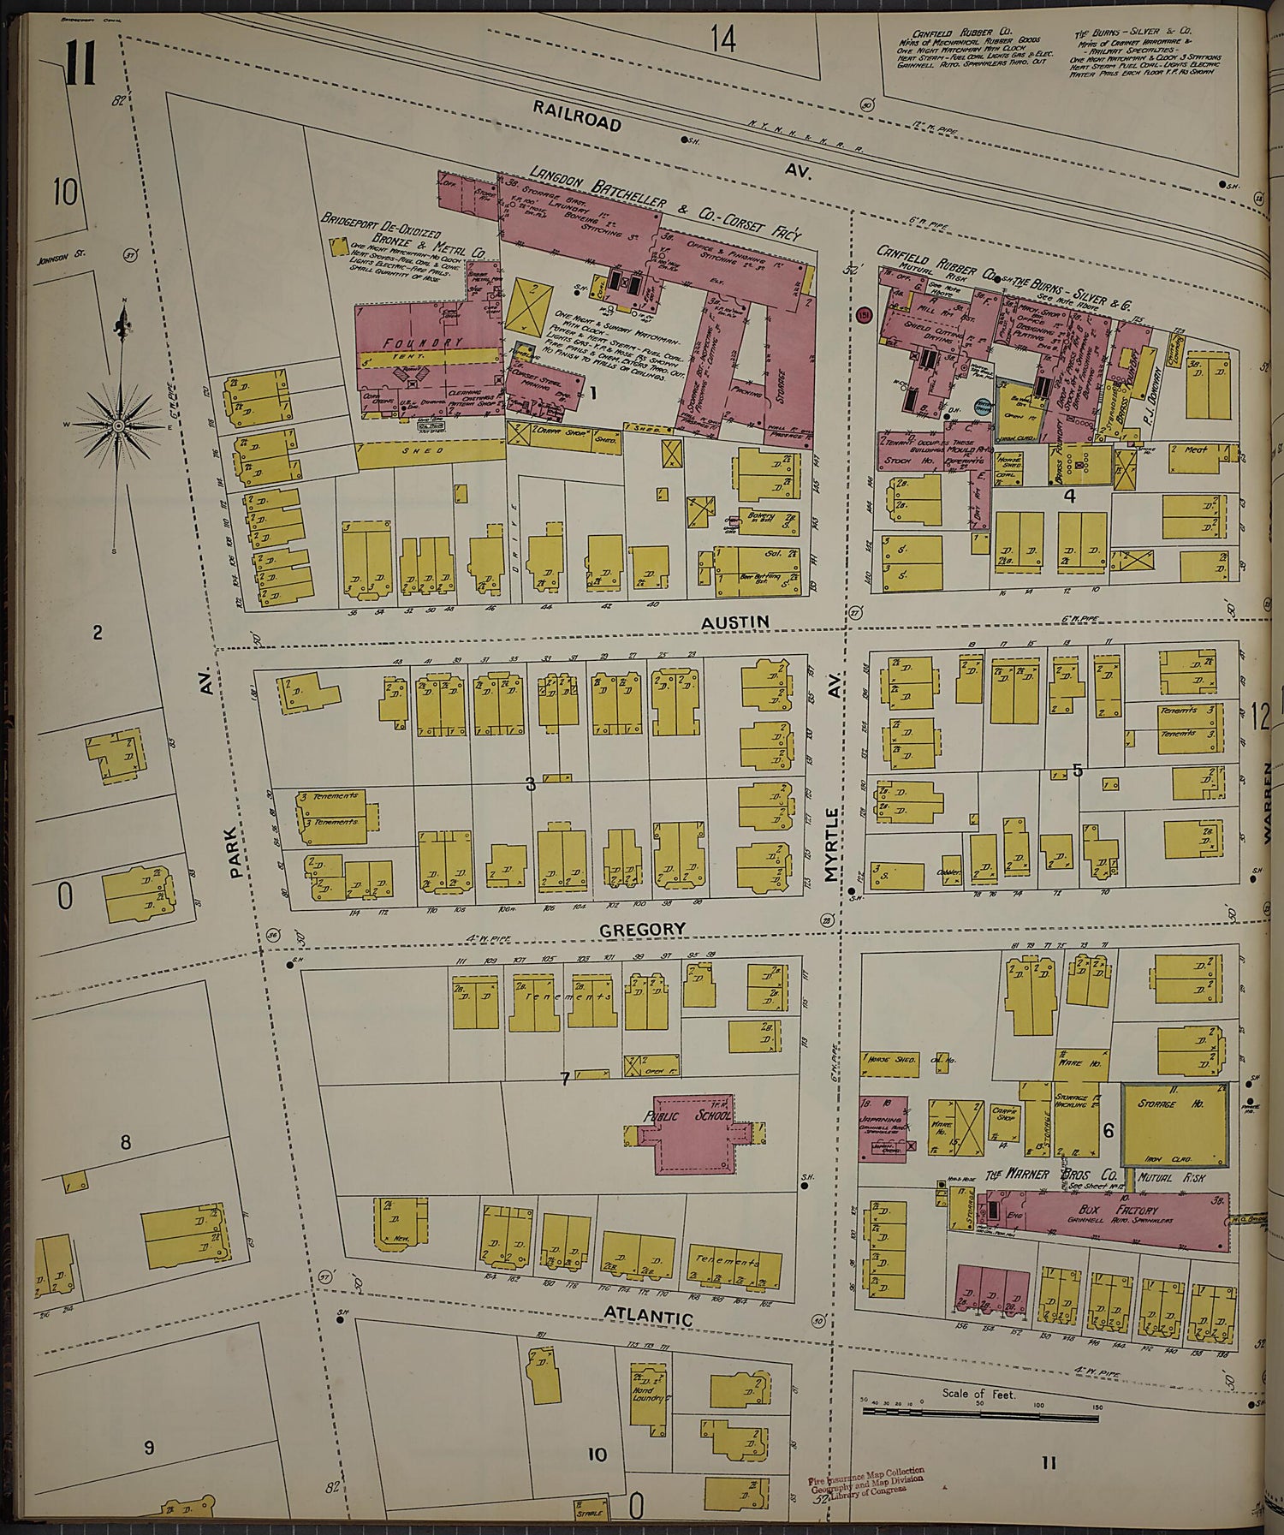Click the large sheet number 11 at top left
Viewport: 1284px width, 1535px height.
[x=80, y=65]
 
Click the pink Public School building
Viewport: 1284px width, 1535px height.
[x=689, y=1134]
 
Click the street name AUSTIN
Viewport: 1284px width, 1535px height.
[x=734, y=622]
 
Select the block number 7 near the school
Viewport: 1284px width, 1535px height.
[x=564, y=1079]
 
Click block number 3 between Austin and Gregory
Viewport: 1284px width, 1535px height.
[x=530, y=782]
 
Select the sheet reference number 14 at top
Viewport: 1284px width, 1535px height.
[x=723, y=39]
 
